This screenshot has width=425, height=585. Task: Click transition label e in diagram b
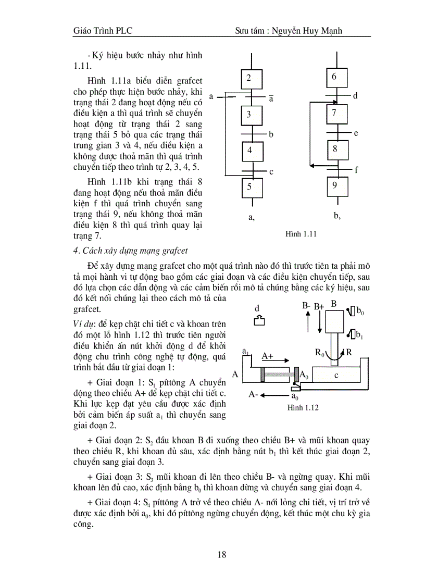pyautogui.click(x=356, y=133)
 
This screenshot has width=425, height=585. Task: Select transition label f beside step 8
pyautogui.click(x=357, y=170)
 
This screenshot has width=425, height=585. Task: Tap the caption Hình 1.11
pyautogui.click(x=301, y=234)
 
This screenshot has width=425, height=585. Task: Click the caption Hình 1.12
pyautogui.click(x=303, y=407)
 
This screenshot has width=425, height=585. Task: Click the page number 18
pyautogui.click(x=222, y=555)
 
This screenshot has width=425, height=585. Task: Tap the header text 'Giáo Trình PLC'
pyautogui.click(x=103, y=31)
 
